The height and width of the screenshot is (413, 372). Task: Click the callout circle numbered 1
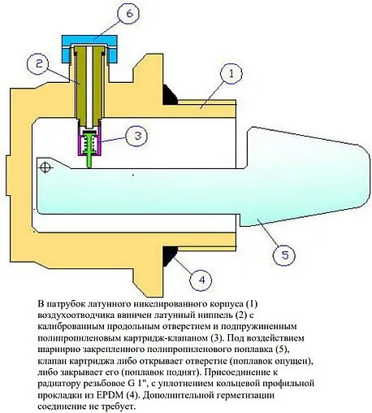(230, 76)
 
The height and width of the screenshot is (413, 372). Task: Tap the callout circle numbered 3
(138, 135)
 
